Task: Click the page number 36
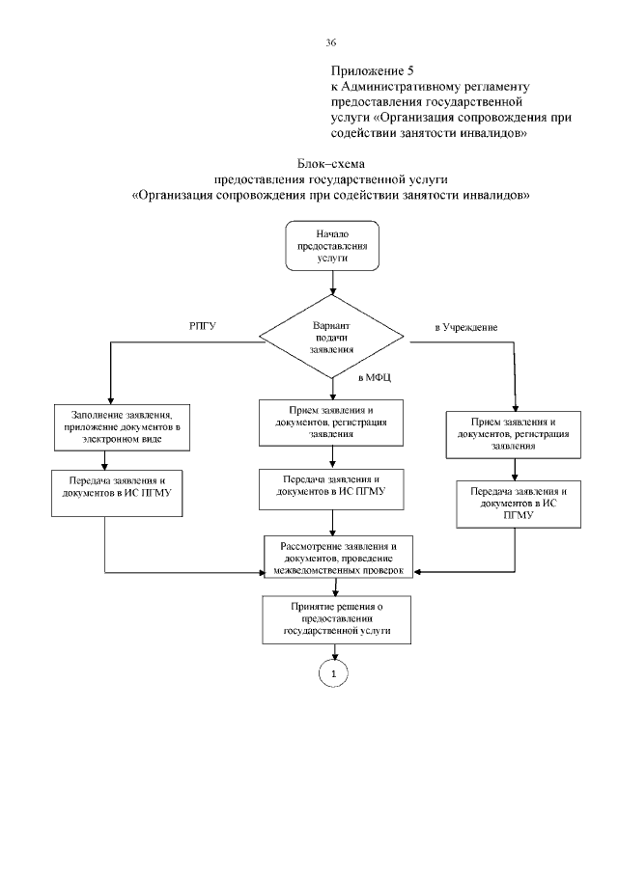click(x=331, y=43)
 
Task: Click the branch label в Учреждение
click(x=466, y=329)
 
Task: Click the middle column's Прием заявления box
click(x=331, y=421)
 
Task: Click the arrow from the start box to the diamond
click(x=332, y=282)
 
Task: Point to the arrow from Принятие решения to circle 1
click(x=332, y=651)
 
